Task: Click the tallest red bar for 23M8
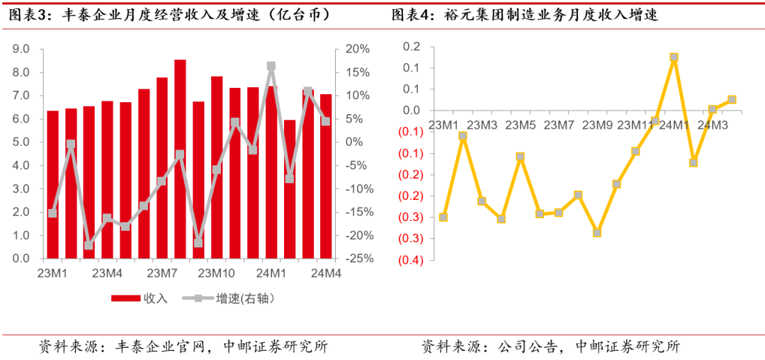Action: (x=180, y=159)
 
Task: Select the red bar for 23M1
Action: (x=52, y=184)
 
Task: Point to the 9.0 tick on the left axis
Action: (x=21, y=49)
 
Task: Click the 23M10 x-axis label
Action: (x=217, y=273)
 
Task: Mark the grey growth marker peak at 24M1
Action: (x=271, y=66)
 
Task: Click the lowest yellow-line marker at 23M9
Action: (x=597, y=232)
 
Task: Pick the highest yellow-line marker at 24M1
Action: (x=674, y=57)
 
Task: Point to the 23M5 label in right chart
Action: (x=521, y=125)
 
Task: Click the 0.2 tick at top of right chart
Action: (x=412, y=47)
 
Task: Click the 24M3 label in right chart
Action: (x=713, y=125)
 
